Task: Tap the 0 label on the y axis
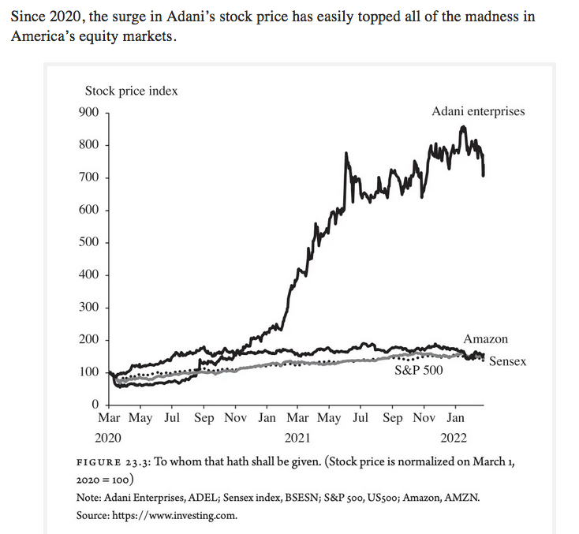click(94, 405)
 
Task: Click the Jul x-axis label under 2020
click(171, 418)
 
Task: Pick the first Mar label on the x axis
click(108, 418)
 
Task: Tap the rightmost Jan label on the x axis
click(456, 418)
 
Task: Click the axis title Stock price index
click(131, 91)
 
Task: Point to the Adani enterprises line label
click(478, 111)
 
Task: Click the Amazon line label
click(486, 339)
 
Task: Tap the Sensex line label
click(507, 361)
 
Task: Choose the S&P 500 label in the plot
click(419, 369)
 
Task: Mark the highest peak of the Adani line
click(462, 126)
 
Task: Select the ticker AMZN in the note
click(461, 499)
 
